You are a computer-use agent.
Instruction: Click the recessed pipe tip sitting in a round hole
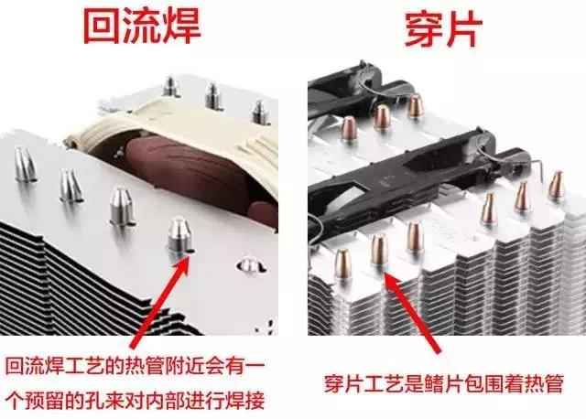pos(244,264)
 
